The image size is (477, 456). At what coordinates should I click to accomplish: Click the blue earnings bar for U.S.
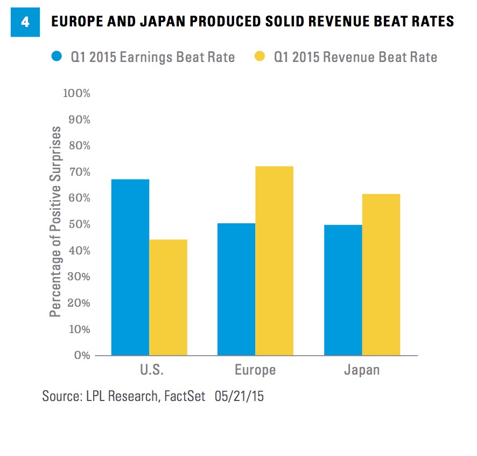(130, 267)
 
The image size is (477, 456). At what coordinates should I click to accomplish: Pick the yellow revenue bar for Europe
(274, 261)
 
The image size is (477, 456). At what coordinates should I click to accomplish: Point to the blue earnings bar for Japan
(343, 290)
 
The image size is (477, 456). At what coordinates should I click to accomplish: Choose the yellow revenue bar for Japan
(381, 275)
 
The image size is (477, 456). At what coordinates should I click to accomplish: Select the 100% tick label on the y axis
(76, 93)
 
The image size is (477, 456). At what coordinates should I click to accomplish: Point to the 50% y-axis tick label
(79, 225)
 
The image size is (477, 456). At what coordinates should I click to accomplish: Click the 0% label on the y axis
(81, 356)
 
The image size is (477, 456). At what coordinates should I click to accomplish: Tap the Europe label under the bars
(255, 370)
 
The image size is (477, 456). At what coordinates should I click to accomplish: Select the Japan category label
(362, 370)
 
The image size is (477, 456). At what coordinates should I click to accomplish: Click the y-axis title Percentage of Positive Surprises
(55, 222)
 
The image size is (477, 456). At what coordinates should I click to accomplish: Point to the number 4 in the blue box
(25, 23)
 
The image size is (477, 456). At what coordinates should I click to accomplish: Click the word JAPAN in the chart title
(172, 22)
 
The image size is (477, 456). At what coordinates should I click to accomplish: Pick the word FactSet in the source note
(185, 396)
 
